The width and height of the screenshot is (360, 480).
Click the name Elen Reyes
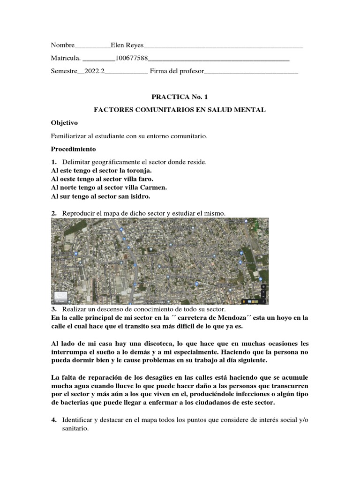coord(127,45)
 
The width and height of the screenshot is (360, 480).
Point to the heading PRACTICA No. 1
coord(180,97)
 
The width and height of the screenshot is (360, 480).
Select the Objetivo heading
coord(64,123)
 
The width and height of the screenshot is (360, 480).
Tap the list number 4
coord(53,420)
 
